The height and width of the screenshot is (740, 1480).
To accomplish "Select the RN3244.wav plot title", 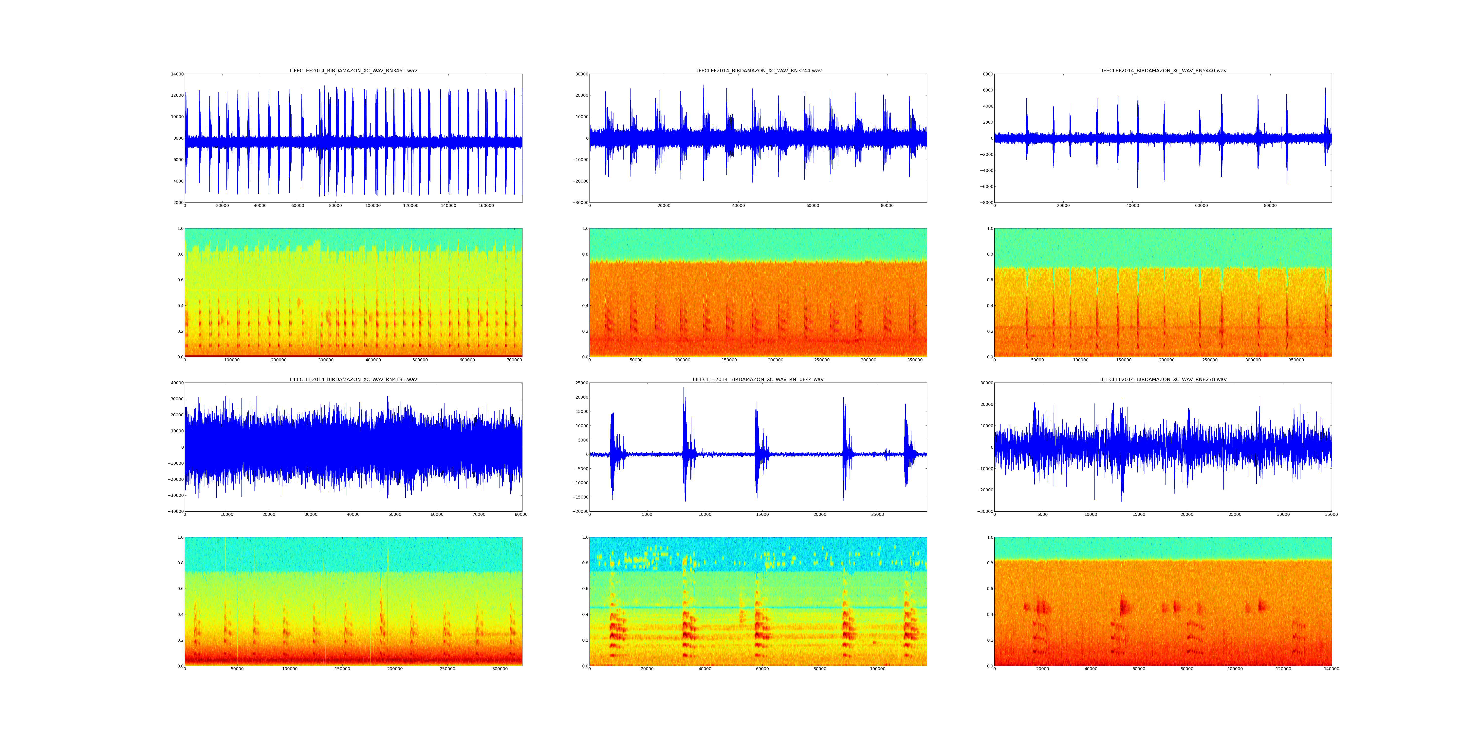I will click(x=758, y=71).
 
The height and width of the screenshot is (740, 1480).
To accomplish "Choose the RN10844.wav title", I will click(x=758, y=379).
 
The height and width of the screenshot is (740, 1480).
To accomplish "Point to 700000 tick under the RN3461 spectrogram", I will click(x=514, y=360).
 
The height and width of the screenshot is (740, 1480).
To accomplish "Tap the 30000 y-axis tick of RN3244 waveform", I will click(x=581, y=74).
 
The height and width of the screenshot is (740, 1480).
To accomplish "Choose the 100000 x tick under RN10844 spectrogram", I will click(x=877, y=669).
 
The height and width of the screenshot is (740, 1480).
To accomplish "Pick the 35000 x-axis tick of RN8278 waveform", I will click(x=1331, y=515).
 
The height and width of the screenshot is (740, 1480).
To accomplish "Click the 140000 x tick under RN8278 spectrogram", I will click(x=1331, y=669).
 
